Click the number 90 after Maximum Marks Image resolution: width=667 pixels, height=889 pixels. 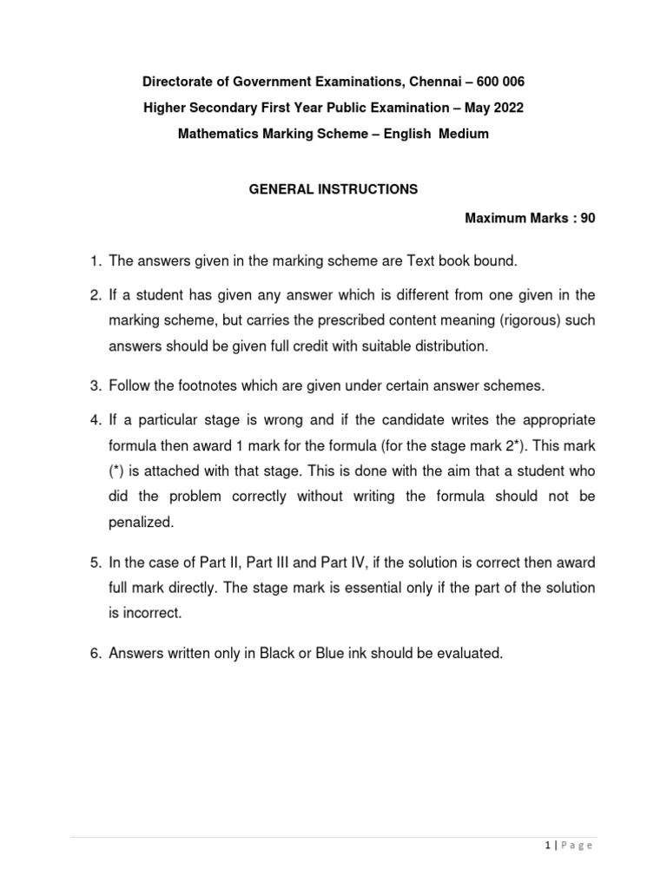click(x=588, y=219)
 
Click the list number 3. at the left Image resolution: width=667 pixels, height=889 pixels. click(x=96, y=385)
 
